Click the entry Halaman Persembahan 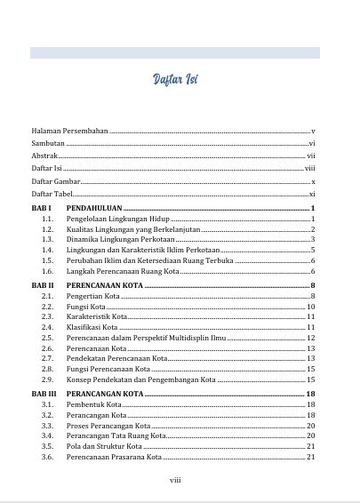69,131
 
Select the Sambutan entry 47,143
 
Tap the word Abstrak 44,156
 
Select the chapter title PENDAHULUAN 93,207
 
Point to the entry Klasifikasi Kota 93,328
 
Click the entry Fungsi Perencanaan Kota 106,369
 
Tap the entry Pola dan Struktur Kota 103,446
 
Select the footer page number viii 175,480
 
